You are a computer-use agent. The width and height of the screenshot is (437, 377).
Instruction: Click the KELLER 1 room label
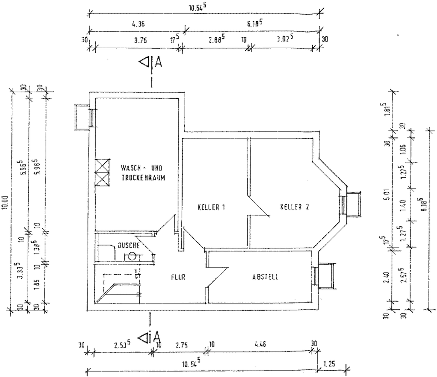(212, 208)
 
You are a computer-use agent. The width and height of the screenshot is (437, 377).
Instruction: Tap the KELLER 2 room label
(295, 207)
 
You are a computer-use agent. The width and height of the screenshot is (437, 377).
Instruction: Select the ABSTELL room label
(266, 276)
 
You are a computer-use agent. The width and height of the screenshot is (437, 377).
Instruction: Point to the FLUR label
(178, 276)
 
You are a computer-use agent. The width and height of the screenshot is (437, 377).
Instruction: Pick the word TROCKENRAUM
(143, 178)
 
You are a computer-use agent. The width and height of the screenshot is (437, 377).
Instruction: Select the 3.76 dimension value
(141, 40)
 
